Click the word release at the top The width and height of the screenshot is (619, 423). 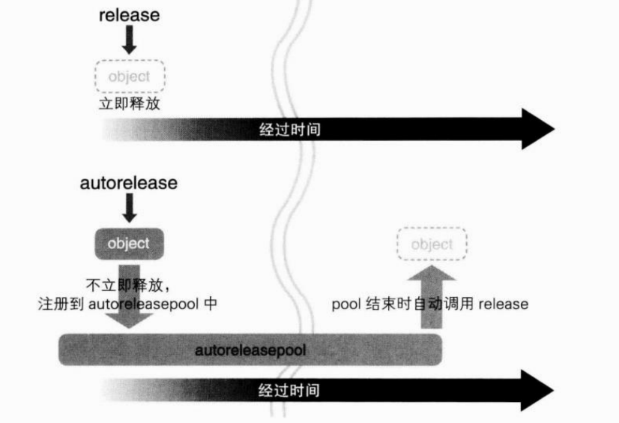130,15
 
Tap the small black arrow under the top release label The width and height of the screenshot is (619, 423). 130,40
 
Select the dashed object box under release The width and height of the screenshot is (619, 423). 130,76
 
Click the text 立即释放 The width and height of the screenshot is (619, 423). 130,103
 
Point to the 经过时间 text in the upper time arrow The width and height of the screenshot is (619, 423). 289,129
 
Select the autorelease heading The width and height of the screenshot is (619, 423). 129,183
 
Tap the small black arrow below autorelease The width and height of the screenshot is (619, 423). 129,208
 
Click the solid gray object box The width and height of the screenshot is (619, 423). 129,243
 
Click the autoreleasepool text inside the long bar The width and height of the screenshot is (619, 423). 250,349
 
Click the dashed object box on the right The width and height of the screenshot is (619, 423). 432,244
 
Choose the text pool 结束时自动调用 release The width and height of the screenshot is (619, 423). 429,304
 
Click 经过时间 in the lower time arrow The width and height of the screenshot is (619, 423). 289,390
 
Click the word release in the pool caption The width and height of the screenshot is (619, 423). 504,304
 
